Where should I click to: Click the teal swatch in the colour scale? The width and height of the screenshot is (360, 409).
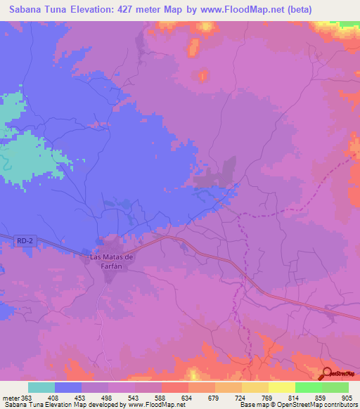41,387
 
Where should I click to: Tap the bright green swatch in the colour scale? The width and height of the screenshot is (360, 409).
308,387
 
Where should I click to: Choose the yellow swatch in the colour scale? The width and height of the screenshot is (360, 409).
281,387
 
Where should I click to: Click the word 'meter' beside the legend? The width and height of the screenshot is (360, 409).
10,398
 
